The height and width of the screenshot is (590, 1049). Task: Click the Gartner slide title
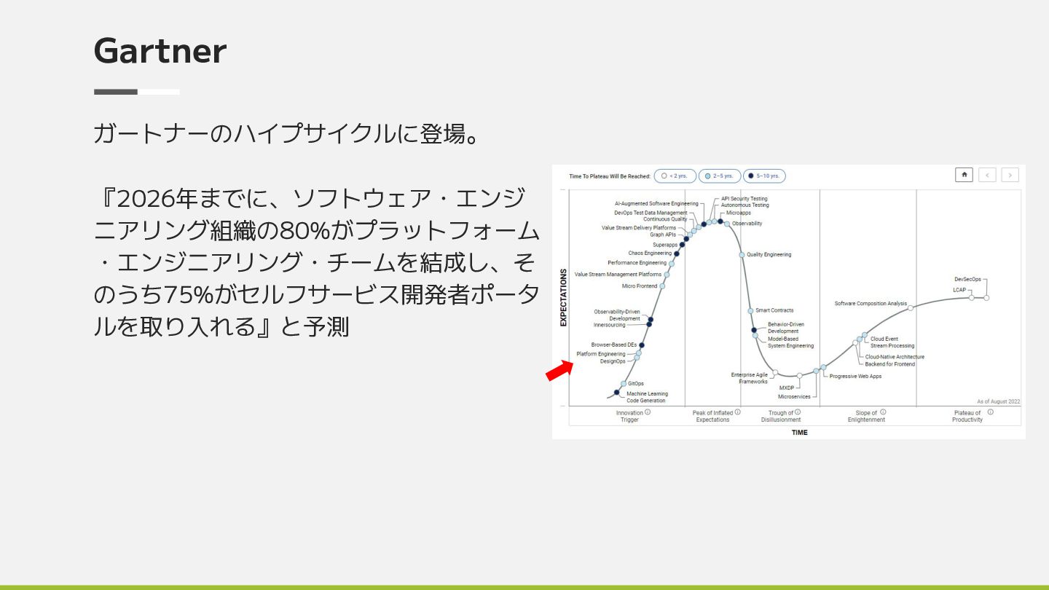160,50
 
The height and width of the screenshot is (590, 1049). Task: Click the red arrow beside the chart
559,371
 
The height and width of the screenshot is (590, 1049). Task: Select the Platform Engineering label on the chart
601,354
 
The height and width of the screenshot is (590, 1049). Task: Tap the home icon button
964,175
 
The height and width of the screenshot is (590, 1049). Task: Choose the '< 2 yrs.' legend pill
675,176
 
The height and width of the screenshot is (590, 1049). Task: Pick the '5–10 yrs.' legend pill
764,176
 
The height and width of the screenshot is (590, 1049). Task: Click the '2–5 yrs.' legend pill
720,176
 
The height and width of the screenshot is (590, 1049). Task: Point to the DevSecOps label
967,279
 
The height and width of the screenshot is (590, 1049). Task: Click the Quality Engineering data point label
769,255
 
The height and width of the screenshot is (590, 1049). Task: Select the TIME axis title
799,433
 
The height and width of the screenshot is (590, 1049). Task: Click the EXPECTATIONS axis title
563,298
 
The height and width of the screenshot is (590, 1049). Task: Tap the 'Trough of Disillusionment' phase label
781,417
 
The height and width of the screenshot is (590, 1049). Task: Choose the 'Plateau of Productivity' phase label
967,417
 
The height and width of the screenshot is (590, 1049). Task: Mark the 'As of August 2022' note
999,402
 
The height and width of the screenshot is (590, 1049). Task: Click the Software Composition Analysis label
871,304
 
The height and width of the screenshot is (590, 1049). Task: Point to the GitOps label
635,383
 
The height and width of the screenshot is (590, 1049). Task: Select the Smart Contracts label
774,310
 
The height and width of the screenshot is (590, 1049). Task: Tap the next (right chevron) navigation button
1010,175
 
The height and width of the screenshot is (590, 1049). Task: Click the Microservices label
794,396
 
